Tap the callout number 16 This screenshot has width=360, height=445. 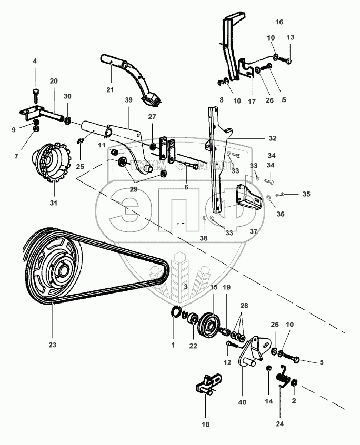279,22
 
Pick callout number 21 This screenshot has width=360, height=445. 109,90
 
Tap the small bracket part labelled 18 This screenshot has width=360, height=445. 209,382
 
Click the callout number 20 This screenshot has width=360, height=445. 54,81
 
